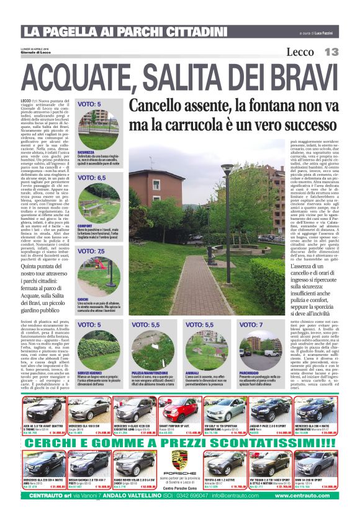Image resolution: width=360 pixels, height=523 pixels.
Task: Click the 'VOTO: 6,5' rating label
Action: pos(91,178)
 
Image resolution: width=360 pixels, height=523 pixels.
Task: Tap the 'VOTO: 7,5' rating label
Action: pos(91,251)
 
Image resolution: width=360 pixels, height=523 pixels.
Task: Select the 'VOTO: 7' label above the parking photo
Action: pos(251,324)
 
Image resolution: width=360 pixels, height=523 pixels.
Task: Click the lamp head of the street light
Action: pos(227,168)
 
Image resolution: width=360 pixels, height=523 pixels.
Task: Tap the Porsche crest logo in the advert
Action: pos(179,460)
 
